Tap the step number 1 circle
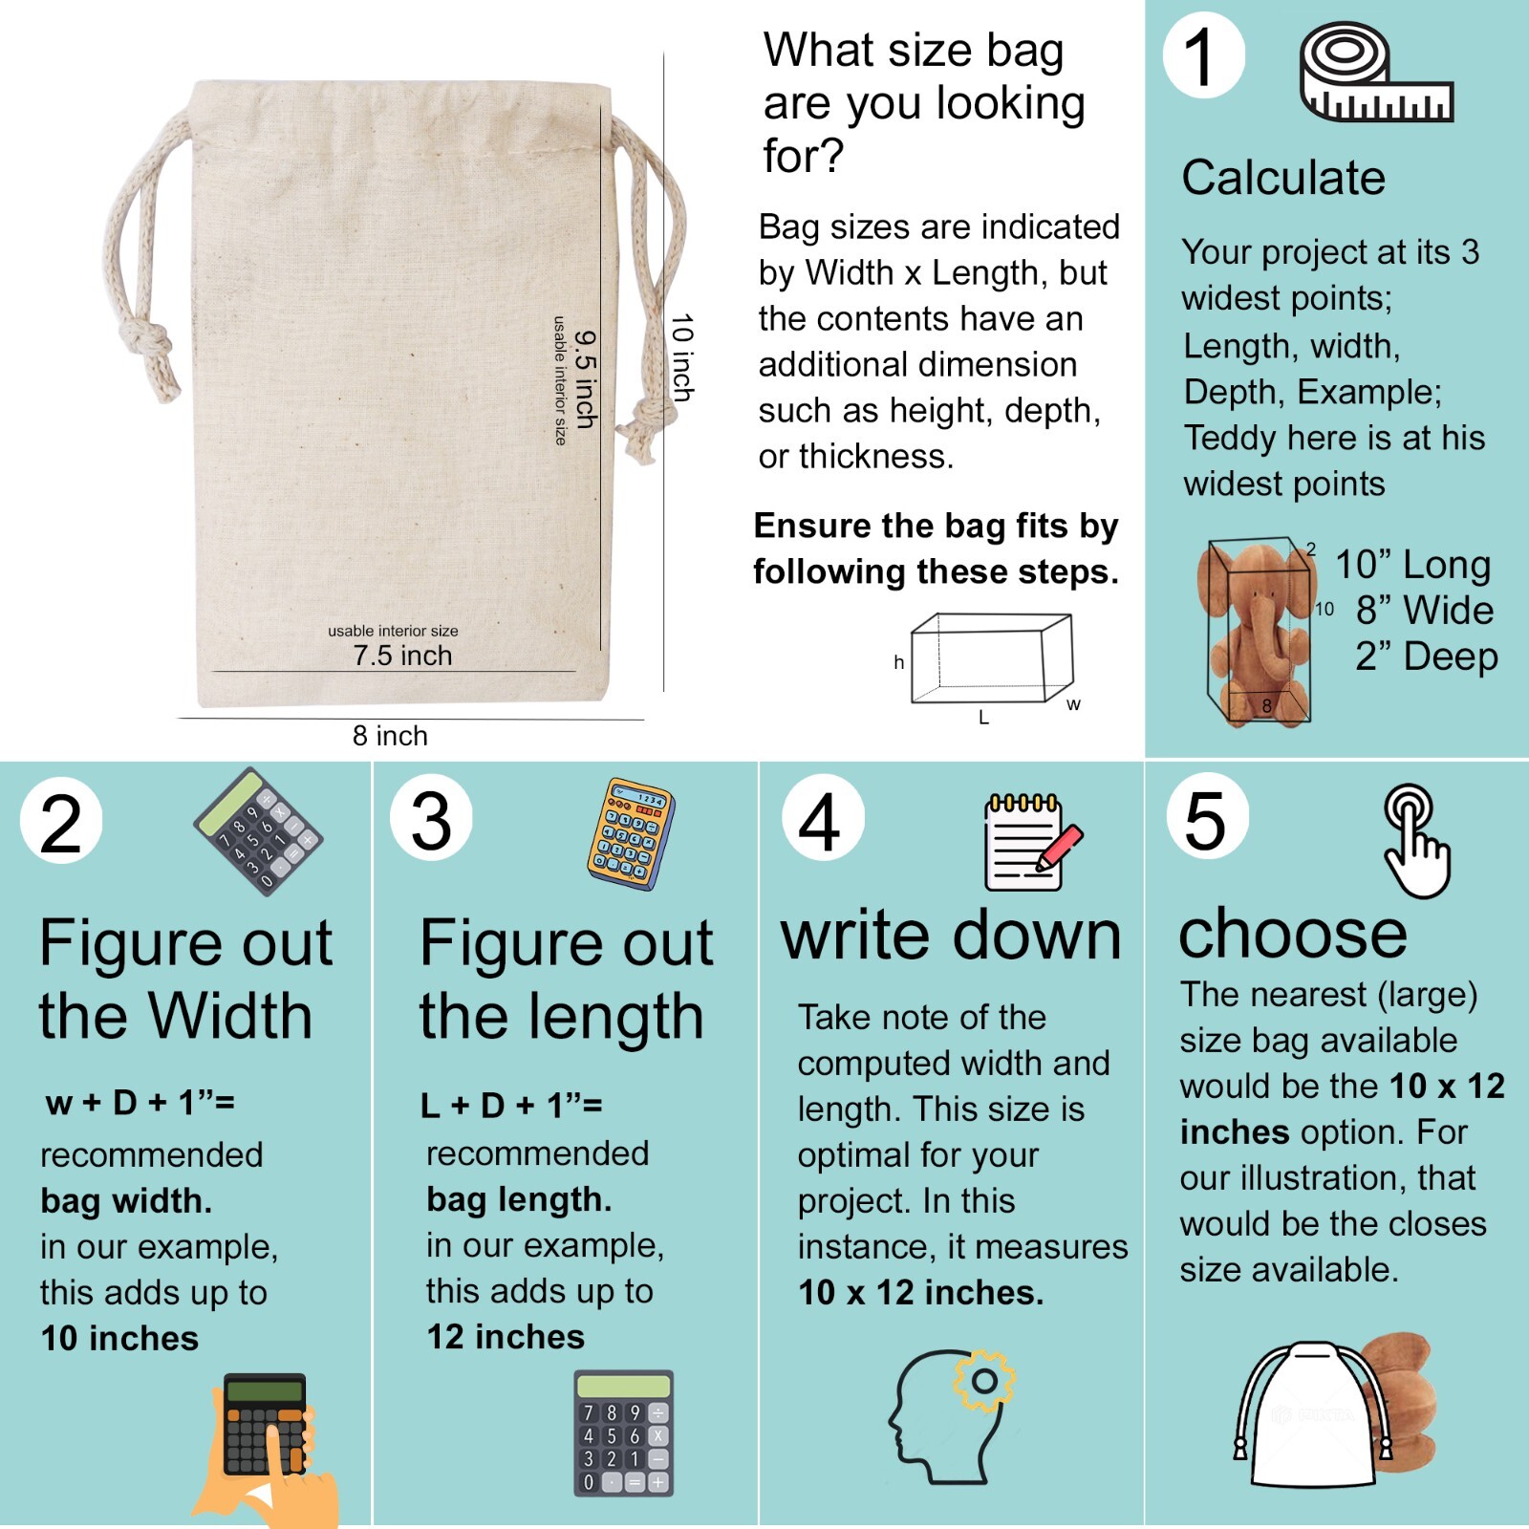coord(1203,55)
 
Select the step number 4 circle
coord(822,818)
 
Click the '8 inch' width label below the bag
coord(390,736)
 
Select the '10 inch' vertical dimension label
coord(682,357)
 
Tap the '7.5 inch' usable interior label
coord(401,656)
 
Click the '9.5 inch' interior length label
coord(586,379)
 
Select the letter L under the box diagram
coord(983,718)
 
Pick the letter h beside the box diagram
coord(898,662)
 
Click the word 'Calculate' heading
coord(1282,178)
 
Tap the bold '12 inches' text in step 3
coord(506,1336)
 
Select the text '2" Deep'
coord(1426,657)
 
